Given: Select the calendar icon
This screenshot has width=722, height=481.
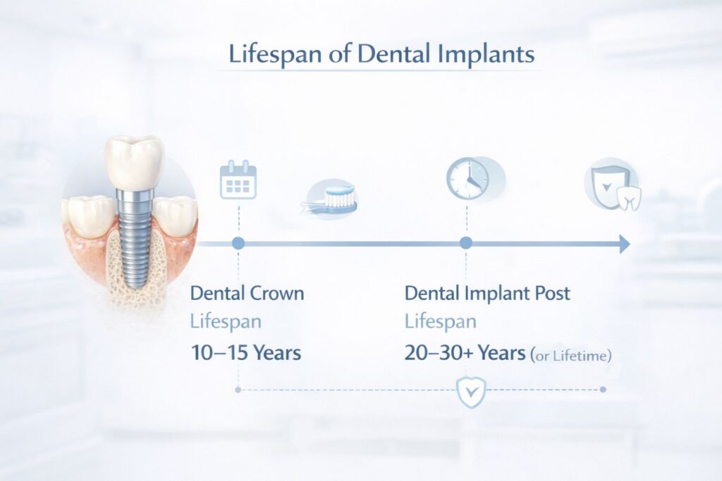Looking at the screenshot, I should (x=238, y=180).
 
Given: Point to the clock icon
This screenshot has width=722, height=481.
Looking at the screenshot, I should (x=467, y=177).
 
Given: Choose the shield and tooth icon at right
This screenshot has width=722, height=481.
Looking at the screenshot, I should (x=611, y=188).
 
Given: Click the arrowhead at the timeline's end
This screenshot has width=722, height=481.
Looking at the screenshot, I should (x=623, y=244).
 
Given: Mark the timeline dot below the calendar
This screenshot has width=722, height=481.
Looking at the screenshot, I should (x=238, y=244).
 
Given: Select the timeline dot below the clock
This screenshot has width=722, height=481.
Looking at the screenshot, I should (x=465, y=244).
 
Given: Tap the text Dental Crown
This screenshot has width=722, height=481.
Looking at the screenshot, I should (x=247, y=293).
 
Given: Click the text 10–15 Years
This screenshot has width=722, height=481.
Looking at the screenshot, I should (x=246, y=353).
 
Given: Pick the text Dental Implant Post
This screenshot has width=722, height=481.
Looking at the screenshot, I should (x=487, y=293).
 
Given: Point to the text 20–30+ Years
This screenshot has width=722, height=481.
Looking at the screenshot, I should (x=465, y=353).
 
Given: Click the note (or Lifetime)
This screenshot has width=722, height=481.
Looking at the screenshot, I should (x=571, y=356).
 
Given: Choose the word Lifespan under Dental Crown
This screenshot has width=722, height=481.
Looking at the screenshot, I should (x=226, y=323).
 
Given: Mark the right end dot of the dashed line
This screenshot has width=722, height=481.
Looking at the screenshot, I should (x=602, y=389).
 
